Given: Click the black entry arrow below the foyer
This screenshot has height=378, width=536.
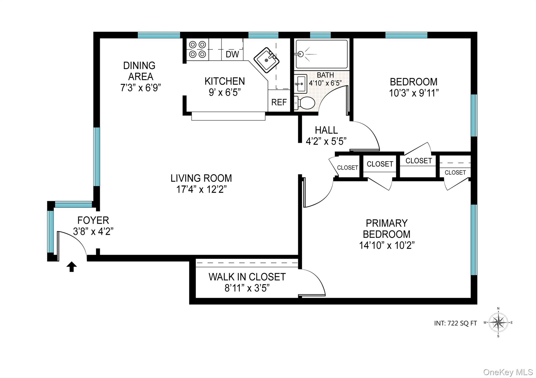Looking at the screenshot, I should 71,267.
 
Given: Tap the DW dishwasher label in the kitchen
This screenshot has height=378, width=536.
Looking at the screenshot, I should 232,54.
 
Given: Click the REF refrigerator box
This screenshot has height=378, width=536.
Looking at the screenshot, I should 279,102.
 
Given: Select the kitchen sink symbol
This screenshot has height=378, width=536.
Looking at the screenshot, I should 267,60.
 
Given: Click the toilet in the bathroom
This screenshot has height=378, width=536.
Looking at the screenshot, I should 305,103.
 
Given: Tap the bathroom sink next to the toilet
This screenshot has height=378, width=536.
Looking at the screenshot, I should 300,84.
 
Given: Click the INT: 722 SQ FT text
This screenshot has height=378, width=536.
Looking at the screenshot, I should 455,323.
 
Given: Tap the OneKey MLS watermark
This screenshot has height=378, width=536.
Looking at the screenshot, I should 508,372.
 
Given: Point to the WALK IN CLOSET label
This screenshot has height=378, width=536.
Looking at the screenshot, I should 247,277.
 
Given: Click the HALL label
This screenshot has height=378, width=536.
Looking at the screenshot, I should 326,130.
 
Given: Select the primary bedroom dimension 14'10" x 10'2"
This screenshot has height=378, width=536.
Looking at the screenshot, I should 387,245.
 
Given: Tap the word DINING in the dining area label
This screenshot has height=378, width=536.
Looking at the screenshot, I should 139,65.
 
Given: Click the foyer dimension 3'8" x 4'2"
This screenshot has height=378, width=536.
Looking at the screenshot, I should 93,231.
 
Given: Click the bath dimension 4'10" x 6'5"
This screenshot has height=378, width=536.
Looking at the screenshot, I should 325,83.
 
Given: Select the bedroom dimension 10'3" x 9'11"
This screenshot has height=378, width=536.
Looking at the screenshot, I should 414,93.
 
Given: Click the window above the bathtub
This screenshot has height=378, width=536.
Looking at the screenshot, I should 320,35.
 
